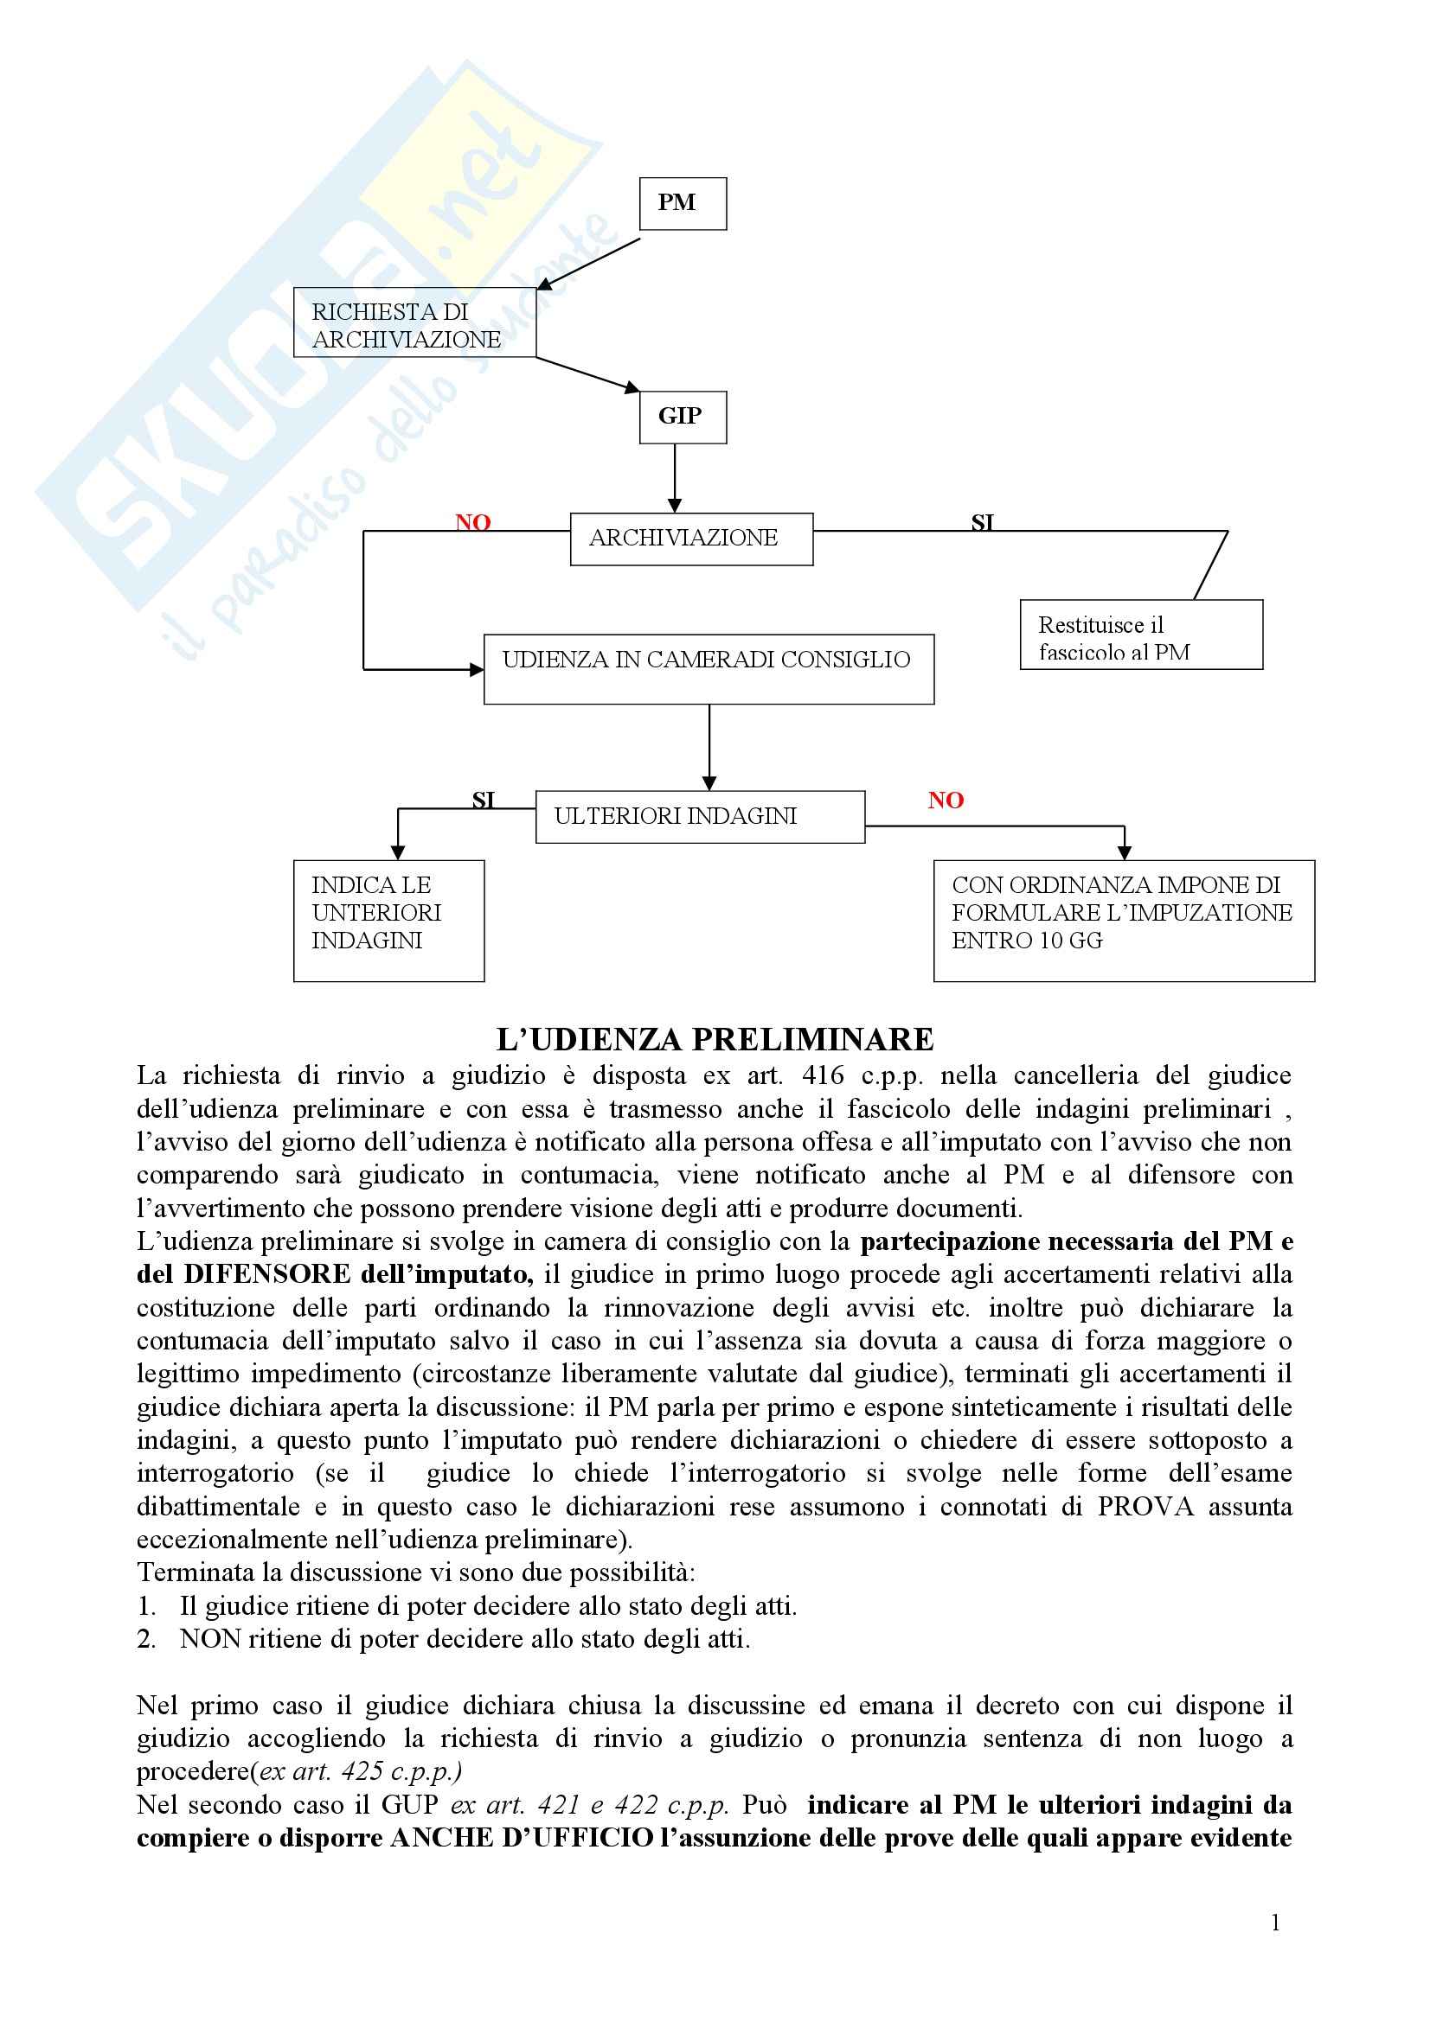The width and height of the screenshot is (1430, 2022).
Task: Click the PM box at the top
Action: point(682,203)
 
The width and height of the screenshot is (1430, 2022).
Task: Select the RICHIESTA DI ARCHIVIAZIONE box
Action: point(414,322)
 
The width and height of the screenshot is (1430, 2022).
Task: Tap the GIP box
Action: point(682,417)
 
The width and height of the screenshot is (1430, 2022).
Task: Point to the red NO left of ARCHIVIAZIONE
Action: point(472,522)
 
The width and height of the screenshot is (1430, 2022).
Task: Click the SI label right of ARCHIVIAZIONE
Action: point(982,523)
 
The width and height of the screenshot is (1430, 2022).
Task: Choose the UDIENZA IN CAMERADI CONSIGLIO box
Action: point(709,668)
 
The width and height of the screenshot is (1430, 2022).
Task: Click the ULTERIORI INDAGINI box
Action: point(700,816)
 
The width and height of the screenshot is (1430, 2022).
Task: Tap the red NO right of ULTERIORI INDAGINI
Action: point(946,801)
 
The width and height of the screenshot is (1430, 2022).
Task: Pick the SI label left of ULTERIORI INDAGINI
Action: point(483,800)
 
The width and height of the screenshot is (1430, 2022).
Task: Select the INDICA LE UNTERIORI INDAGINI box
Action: point(388,921)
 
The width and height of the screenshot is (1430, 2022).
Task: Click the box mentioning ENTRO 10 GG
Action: point(1124,921)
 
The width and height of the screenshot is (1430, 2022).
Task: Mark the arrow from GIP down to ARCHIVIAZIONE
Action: point(675,477)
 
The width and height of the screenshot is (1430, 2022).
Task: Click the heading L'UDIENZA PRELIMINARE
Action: point(715,1039)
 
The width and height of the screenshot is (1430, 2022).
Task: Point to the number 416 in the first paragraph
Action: point(824,1075)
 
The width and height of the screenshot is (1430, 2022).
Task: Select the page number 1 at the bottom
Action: point(1275,1923)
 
